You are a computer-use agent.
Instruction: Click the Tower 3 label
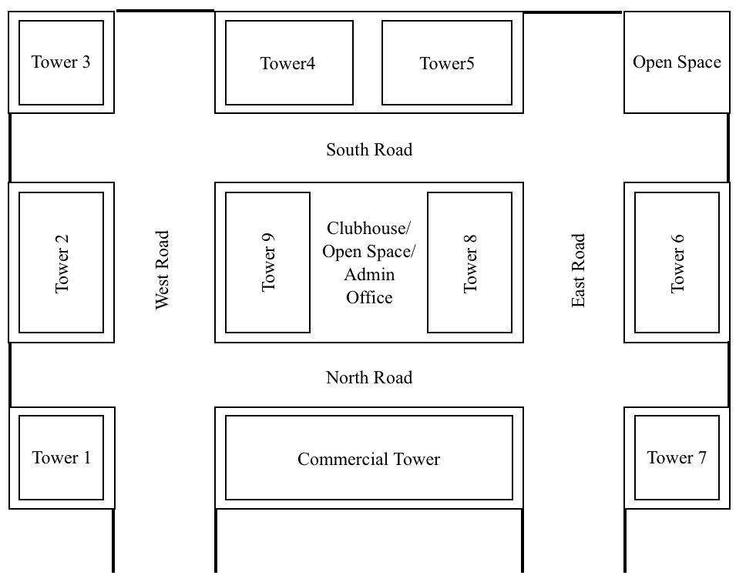click(x=61, y=62)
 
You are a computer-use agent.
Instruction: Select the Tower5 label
click(x=447, y=64)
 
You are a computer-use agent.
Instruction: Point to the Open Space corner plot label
click(x=677, y=62)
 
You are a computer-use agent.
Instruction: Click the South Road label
click(x=369, y=150)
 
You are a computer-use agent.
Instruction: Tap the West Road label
click(x=163, y=269)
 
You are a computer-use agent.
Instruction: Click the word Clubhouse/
click(x=369, y=229)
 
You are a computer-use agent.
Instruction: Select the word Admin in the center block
click(x=369, y=275)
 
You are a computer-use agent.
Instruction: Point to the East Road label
click(x=579, y=270)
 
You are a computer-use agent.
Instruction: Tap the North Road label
click(x=369, y=378)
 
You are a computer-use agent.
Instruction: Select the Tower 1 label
click(x=62, y=458)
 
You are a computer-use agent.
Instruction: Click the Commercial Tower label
click(x=369, y=460)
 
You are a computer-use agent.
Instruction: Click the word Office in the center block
click(x=369, y=298)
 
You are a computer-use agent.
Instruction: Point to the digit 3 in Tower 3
click(x=86, y=62)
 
